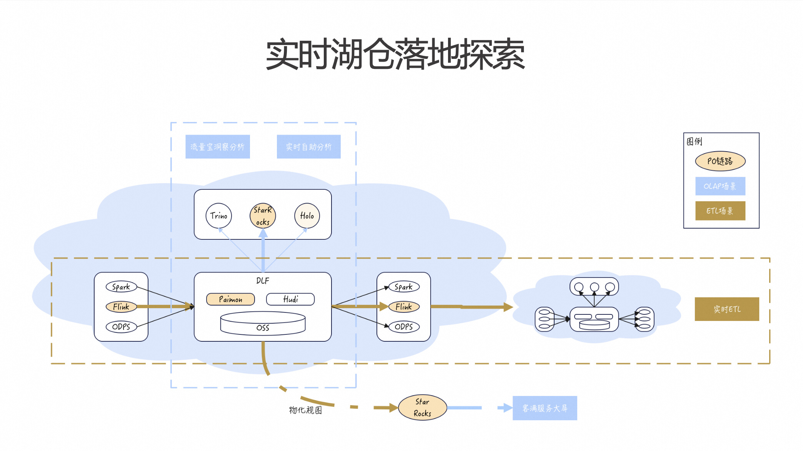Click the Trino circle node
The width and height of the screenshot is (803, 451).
(x=219, y=215)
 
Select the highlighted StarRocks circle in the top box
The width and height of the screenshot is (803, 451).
(x=263, y=215)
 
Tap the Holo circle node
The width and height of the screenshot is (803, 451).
(x=307, y=215)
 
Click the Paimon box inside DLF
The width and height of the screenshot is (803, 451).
(x=230, y=299)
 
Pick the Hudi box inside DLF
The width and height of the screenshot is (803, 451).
(x=290, y=299)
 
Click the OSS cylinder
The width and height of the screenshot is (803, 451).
(x=263, y=323)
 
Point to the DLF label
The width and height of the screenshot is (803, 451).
(x=263, y=281)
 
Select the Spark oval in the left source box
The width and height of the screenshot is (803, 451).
(x=121, y=287)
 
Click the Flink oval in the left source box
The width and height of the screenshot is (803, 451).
(x=121, y=307)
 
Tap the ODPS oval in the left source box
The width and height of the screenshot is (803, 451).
(x=121, y=327)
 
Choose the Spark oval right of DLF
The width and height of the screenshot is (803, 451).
(x=403, y=287)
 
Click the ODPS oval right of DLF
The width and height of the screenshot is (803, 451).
(x=403, y=327)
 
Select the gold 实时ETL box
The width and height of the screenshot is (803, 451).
(x=726, y=309)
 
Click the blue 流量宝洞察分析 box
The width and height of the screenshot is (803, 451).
(x=217, y=147)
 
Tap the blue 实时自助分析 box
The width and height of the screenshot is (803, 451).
(x=308, y=147)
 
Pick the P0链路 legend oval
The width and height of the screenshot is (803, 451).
(x=720, y=161)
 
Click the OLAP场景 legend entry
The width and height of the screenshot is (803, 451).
(x=720, y=186)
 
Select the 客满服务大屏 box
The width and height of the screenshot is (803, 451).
(x=545, y=408)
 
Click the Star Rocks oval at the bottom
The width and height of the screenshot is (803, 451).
(x=422, y=407)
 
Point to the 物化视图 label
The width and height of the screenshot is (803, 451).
(x=305, y=410)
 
